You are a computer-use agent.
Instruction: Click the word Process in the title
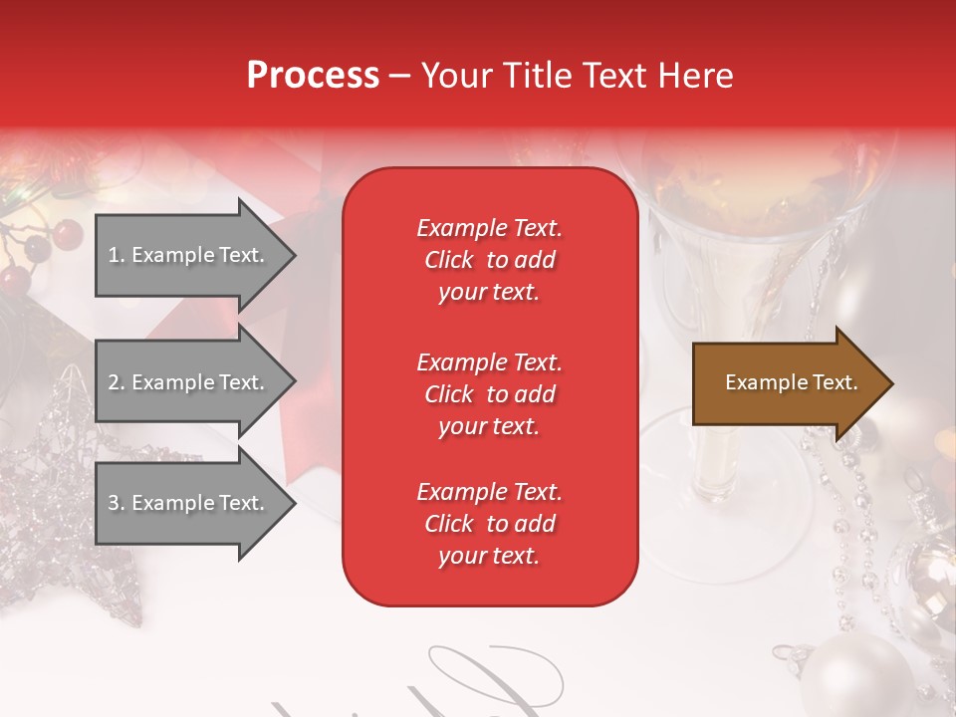[313, 75]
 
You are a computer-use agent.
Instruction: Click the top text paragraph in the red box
[489, 260]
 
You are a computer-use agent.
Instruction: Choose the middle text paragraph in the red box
[489, 394]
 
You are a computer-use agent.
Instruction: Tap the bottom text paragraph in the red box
[489, 524]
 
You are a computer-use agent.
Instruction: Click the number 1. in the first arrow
[117, 255]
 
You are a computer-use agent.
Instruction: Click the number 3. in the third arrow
[117, 503]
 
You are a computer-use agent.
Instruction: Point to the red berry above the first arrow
[68, 234]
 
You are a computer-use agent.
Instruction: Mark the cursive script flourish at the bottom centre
[478, 682]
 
